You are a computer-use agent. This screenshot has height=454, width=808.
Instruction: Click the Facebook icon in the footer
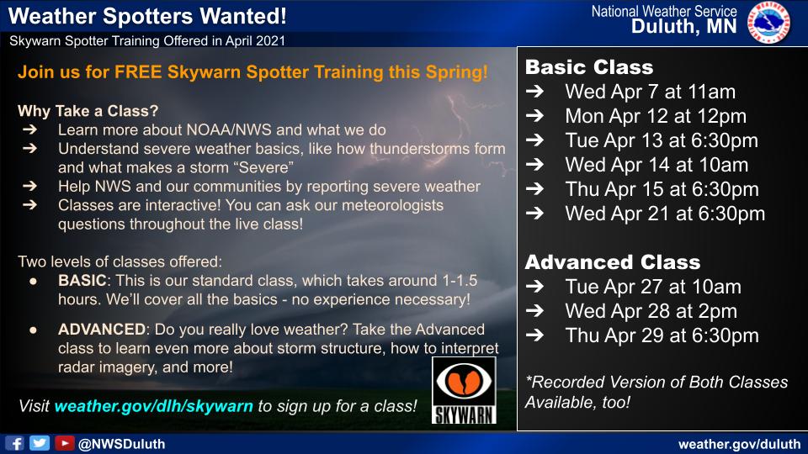[15, 443]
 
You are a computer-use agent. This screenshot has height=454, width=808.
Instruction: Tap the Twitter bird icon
[40, 443]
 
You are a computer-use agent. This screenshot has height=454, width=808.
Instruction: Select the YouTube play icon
[65, 443]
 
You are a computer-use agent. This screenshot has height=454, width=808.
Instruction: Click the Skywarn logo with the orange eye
[464, 390]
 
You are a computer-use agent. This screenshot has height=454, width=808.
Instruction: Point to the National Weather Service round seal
[768, 22]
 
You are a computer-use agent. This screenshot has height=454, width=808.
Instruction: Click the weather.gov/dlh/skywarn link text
[153, 406]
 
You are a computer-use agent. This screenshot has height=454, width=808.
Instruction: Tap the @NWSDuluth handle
[121, 444]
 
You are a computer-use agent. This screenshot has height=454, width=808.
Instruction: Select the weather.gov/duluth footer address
[740, 444]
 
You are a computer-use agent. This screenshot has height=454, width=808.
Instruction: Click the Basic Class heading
[589, 67]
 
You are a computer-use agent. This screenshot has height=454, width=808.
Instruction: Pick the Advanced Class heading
[613, 262]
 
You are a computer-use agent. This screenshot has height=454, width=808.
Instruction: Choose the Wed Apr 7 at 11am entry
[651, 92]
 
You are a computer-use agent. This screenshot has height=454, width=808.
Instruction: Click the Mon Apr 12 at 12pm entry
[656, 116]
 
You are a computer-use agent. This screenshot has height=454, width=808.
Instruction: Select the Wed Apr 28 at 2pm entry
[651, 311]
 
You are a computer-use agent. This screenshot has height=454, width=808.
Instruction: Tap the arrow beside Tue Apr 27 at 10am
[535, 286]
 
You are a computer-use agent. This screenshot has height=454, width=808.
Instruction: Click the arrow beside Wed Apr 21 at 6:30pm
[535, 213]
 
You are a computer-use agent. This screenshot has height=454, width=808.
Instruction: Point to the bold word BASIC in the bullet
[82, 281]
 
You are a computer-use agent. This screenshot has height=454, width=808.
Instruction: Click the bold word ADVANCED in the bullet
[102, 330]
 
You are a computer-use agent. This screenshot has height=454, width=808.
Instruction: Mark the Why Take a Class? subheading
[88, 111]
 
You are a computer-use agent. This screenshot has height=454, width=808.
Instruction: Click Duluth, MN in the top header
[684, 27]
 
